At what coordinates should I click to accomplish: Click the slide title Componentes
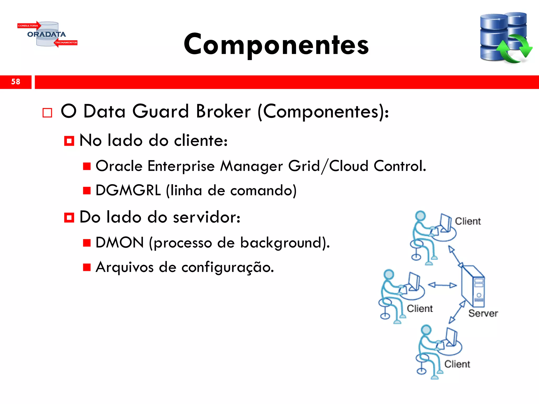pos(276,44)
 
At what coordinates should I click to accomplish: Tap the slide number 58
pos(16,82)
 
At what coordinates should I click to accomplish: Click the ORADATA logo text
pos(47,34)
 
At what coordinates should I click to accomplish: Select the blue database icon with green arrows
pos(505,38)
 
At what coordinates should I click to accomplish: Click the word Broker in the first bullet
pos(223,112)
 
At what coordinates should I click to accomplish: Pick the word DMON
pos(120,243)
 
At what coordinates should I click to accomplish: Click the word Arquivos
pos(124,267)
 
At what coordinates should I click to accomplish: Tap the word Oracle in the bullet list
pos(119,166)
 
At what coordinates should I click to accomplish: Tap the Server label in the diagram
pos(483,313)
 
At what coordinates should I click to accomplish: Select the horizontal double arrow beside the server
pos(442,285)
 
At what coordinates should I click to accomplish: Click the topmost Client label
pos(468,221)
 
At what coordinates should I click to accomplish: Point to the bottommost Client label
pos(457,364)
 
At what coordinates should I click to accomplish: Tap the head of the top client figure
pos(420,216)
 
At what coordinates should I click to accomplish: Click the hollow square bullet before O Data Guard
pos(47,113)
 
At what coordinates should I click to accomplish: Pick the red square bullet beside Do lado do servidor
pos(69,218)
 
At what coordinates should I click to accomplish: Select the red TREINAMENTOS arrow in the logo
pos(66,43)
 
